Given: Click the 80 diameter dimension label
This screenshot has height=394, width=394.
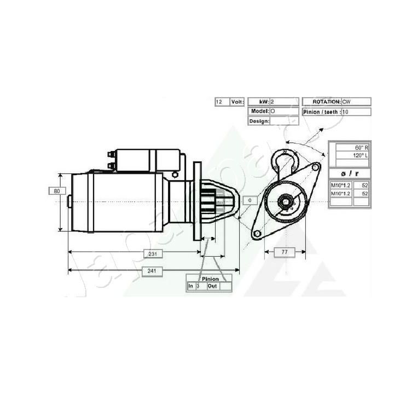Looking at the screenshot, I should (56, 191).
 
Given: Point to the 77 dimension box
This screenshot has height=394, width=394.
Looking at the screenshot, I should (283, 252).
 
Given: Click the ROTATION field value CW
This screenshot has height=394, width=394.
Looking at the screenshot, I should (346, 102).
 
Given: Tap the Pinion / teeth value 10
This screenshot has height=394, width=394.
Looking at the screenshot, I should (345, 112).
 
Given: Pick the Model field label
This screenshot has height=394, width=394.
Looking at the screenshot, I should (259, 111).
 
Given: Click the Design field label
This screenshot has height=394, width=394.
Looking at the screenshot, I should (259, 121).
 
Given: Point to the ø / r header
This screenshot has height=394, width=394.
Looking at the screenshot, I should (349, 173).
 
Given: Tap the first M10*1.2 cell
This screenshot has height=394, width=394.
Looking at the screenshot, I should (340, 186).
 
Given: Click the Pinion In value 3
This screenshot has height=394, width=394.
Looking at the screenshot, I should (198, 286).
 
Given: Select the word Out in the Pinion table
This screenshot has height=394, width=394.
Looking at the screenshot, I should (212, 286).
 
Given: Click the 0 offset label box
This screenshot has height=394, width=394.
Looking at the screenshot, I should (250, 201).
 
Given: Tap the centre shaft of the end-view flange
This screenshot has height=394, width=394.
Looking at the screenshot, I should (286, 202).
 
